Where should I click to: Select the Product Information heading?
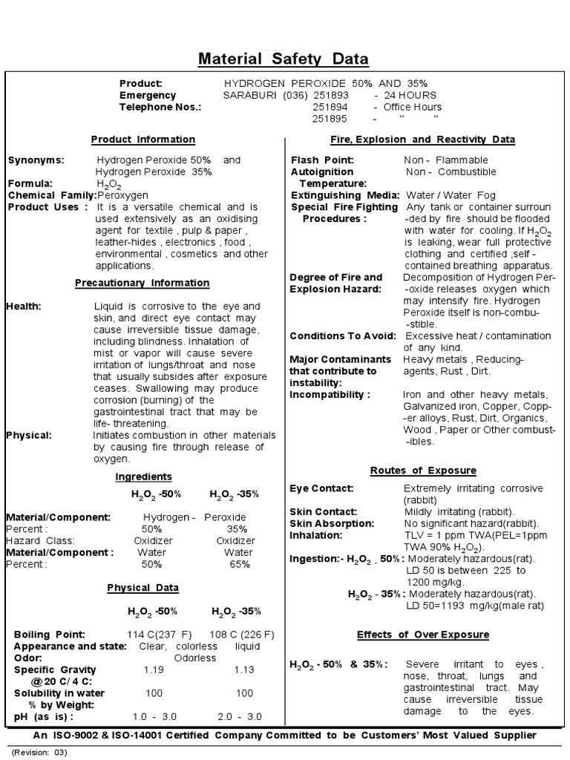coord(143,140)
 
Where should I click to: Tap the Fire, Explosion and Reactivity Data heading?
coord(422,140)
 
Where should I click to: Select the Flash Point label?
coord(322,160)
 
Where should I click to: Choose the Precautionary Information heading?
coord(142,283)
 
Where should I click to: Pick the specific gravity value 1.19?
coord(154,669)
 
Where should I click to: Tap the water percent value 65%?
coord(237,564)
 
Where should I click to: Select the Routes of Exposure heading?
coord(423,471)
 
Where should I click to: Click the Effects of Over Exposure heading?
coord(422,635)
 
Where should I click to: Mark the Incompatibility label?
coord(330,394)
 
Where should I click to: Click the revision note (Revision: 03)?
coord(39,752)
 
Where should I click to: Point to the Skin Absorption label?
coord(331,523)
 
